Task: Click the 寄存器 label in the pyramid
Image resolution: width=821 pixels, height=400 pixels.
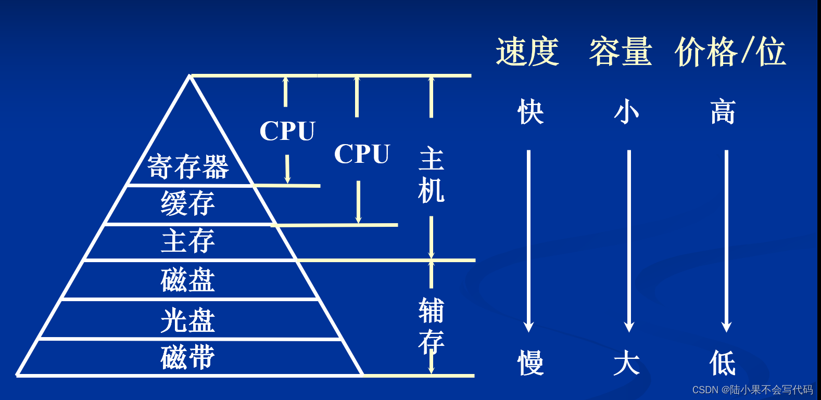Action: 188,167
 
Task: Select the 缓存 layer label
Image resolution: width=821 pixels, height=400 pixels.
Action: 187,203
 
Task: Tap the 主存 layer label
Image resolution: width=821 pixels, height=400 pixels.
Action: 187,241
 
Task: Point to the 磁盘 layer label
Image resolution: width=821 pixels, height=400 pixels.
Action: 187,280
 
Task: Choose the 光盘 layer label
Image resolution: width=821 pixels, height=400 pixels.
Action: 187,320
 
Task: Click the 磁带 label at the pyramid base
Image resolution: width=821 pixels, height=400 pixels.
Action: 187,357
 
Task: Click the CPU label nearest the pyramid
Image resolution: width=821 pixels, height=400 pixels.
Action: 287,131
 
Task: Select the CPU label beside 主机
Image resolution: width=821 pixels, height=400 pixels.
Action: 362,154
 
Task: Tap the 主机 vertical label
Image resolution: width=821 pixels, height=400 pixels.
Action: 431,175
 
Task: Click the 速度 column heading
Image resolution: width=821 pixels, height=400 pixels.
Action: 527,52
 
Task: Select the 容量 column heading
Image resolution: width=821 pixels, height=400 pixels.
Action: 620,52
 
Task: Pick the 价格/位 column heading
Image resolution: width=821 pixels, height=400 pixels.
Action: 730,52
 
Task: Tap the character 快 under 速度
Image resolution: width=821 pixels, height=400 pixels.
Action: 531,112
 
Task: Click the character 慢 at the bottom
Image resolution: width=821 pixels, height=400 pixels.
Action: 531,363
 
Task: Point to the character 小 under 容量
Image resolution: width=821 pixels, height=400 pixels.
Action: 626,112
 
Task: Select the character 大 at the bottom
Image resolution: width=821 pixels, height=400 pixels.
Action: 626,363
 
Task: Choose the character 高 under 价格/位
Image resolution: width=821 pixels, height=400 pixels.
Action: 723,112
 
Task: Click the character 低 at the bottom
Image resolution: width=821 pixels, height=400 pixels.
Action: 723,363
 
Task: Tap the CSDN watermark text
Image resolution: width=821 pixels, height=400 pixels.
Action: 752,390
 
